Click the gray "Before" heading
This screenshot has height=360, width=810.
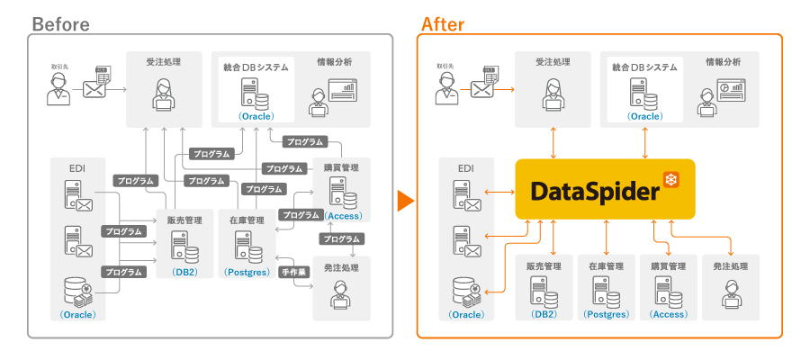click(x=60, y=24)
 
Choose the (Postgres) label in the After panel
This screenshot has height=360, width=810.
click(x=605, y=314)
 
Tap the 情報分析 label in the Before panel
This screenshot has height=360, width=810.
click(x=334, y=62)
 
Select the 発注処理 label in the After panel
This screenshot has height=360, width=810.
click(x=730, y=266)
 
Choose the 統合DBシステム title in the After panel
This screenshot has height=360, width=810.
click(x=644, y=67)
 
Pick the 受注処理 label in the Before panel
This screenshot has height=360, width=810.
click(x=163, y=62)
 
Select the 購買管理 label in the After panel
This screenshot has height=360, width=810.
click(x=668, y=266)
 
